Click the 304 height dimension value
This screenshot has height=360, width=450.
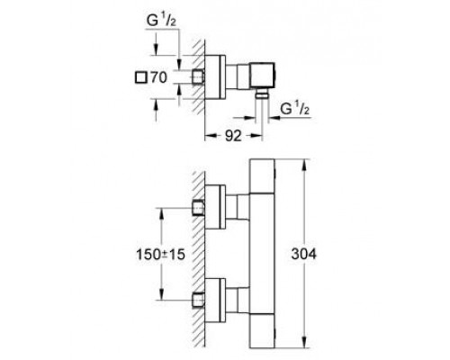coord(304,254)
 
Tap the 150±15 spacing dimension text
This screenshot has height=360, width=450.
coord(160,255)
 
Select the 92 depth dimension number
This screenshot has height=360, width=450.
coord(233,136)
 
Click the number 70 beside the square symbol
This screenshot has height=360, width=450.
coord(158,77)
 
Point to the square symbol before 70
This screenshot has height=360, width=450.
coord(140,77)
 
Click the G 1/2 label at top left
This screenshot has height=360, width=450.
coord(161,21)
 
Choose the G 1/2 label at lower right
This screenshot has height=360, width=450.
coord(295,109)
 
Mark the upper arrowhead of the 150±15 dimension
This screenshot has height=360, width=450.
coord(162,213)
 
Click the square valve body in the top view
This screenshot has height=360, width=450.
coord(262,76)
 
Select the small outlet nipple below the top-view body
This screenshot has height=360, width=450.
coord(262,94)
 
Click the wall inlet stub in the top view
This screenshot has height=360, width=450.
coord(198,76)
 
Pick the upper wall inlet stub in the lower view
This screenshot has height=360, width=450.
coord(198,208)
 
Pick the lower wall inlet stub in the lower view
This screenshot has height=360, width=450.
coord(198,300)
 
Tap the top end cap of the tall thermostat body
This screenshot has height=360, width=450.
coord(262,176)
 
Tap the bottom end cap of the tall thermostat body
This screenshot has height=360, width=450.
coord(262,331)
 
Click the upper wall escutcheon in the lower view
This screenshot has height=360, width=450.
coord(215,207)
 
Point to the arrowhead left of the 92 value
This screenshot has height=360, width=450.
coord(211,136)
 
